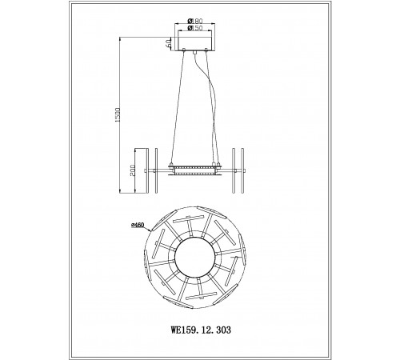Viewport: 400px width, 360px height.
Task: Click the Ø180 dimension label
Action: pos(195,21)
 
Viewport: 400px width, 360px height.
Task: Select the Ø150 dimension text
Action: pos(195,28)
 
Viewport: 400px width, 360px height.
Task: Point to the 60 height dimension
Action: pos(168,43)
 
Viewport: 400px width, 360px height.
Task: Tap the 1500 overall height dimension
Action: pos(118,114)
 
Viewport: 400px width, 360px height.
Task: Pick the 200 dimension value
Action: pos(133,170)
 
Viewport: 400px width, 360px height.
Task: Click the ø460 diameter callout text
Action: pos(138,225)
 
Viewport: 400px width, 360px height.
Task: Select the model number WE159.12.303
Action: pos(201,330)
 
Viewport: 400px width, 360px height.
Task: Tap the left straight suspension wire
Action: pos(177,106)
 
